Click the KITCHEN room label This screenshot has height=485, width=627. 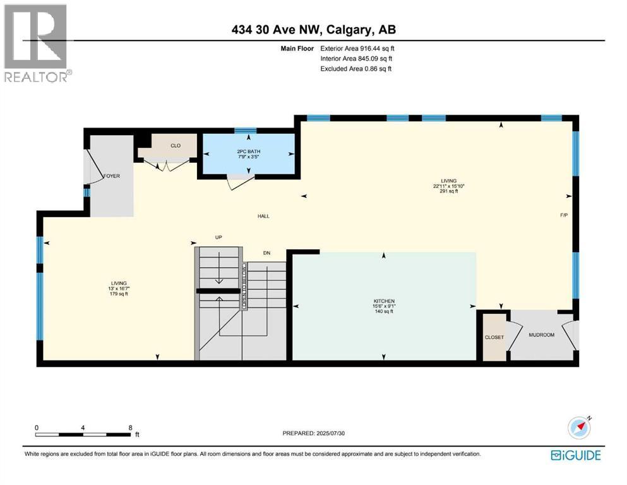[x=384, y=301]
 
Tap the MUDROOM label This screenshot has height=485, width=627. [x=541, y=335]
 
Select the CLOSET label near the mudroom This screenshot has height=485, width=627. [x=494, y=337]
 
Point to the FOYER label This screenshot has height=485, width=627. [x=112, y=176]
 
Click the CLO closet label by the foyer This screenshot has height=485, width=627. [x=176, y=146]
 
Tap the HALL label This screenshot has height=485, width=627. [x=263, y=216]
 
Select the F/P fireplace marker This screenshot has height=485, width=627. [x=564, y=215]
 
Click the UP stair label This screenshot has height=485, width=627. [x=218, y=237]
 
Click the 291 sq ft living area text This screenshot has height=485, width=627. [x=449, y=191]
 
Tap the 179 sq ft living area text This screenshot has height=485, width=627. [x=119, y=294]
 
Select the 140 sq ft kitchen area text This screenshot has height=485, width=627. [x=384, y=311]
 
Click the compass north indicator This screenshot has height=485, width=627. [x=578, y=428]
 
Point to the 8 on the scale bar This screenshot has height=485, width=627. [x=129, y=427]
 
